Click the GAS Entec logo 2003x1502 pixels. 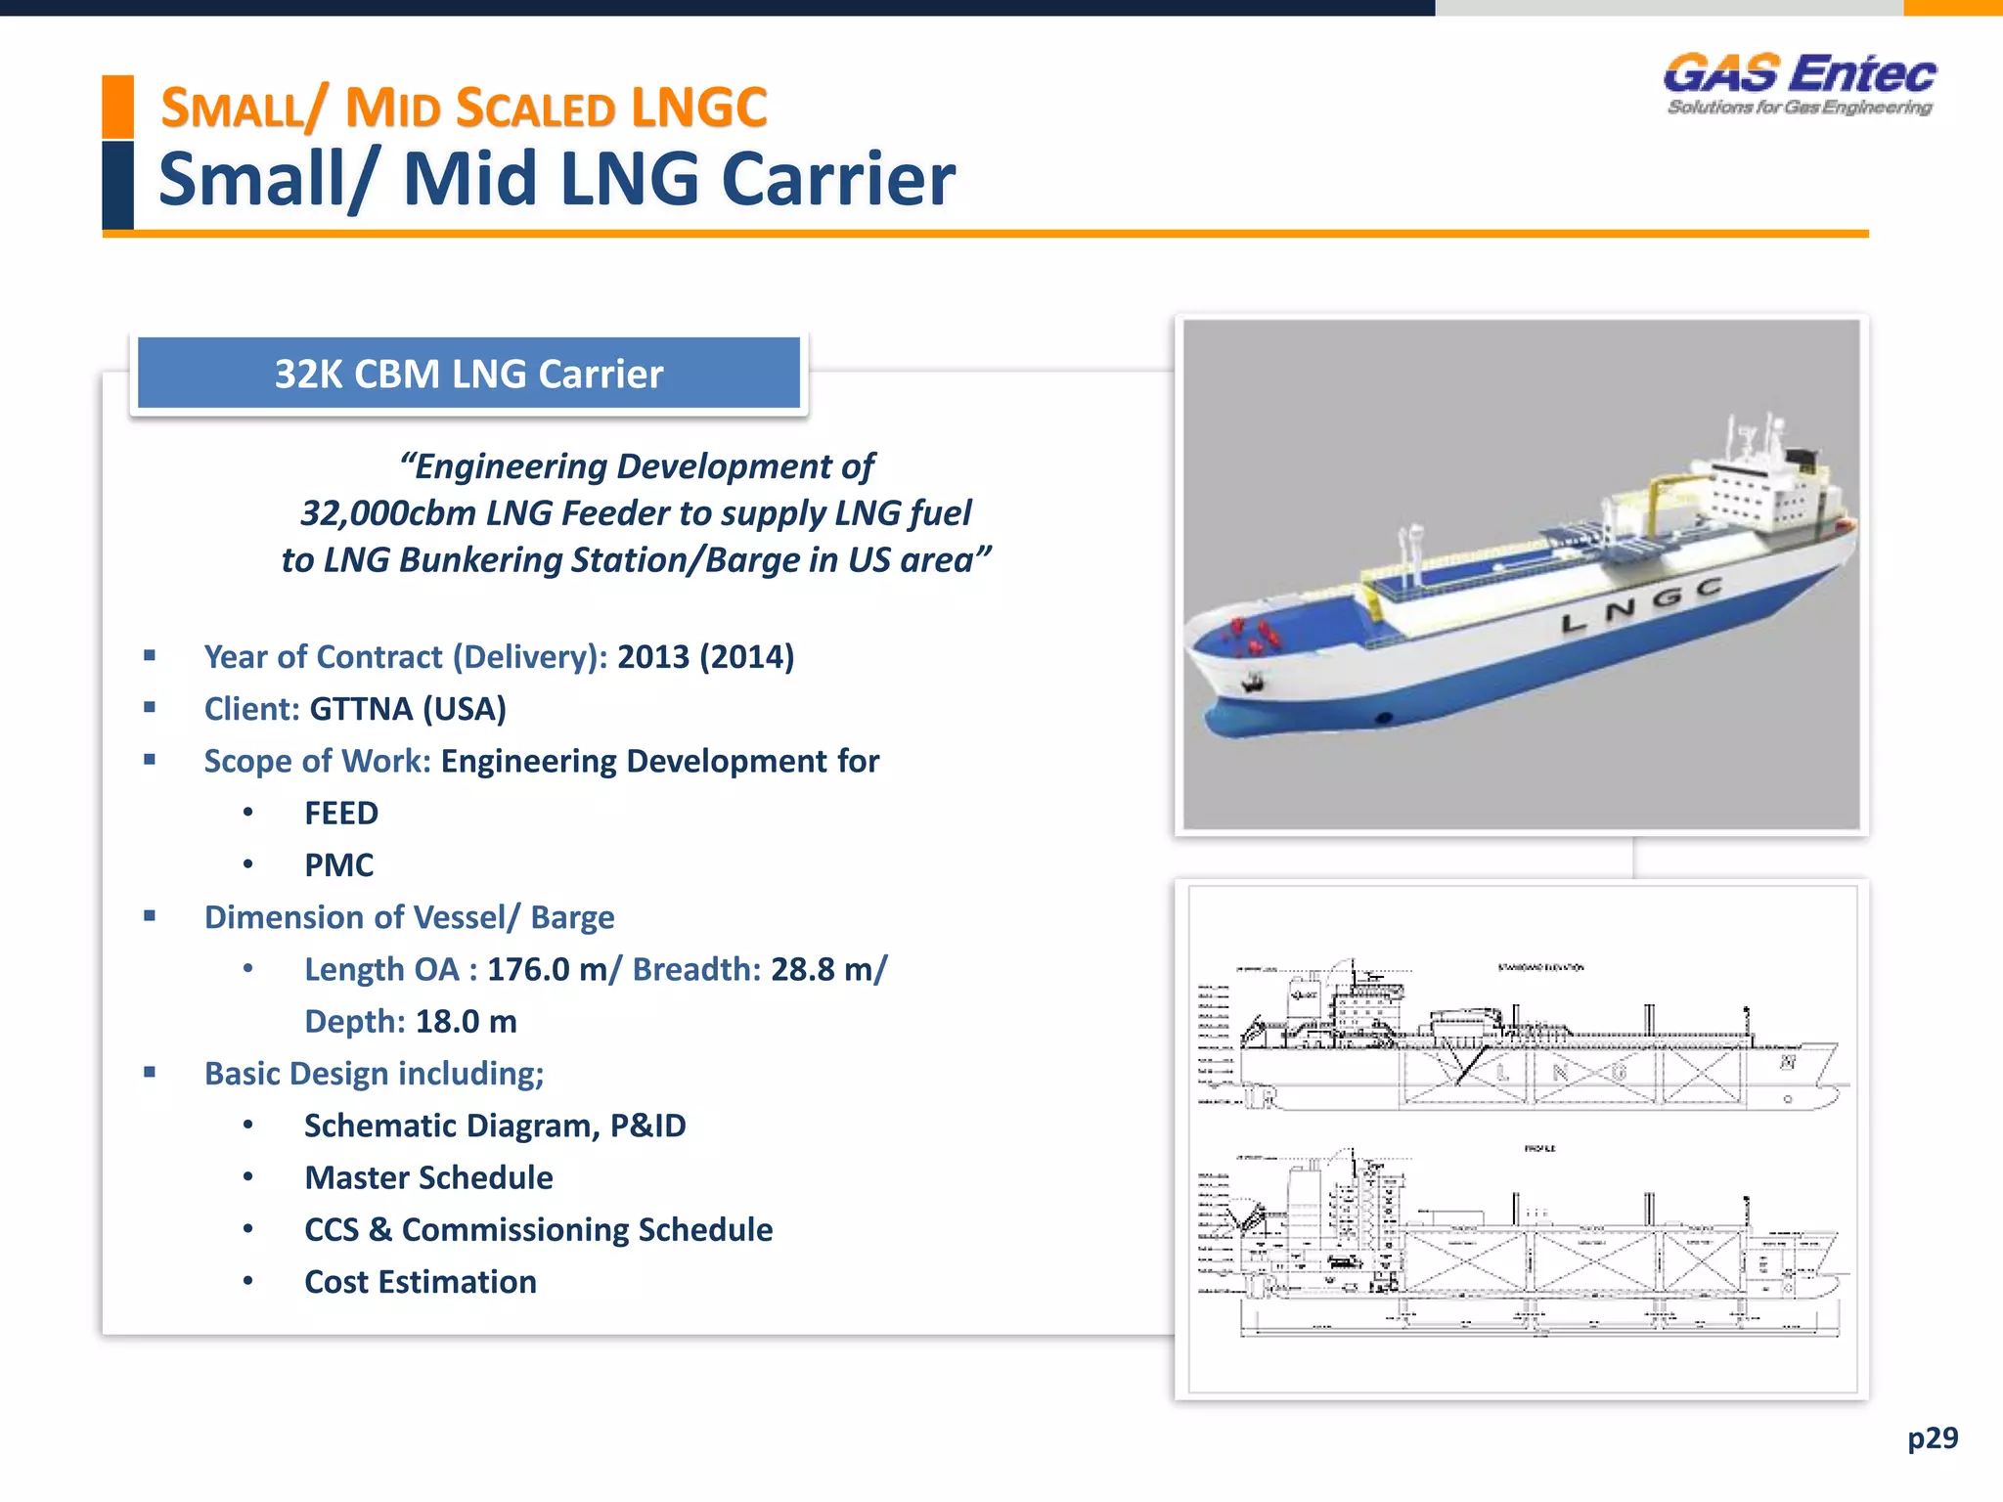point(1800,84)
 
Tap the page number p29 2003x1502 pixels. point(1933,1437)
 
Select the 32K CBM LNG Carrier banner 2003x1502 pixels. point(468,374)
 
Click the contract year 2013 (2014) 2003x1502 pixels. point(705,657)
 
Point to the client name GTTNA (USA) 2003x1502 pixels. point(408,709)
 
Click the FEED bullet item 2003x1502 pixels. point(340,814)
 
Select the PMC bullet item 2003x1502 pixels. point(338,865)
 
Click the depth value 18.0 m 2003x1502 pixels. point(466,1022)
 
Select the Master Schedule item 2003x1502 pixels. point(428,1178)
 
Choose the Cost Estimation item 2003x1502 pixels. point(420,1282)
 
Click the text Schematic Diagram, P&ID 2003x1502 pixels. point(495,1126)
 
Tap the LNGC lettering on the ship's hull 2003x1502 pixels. point(1641,604)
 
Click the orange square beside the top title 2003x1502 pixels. point(117,106)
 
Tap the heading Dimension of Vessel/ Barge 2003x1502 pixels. point(409,917)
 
